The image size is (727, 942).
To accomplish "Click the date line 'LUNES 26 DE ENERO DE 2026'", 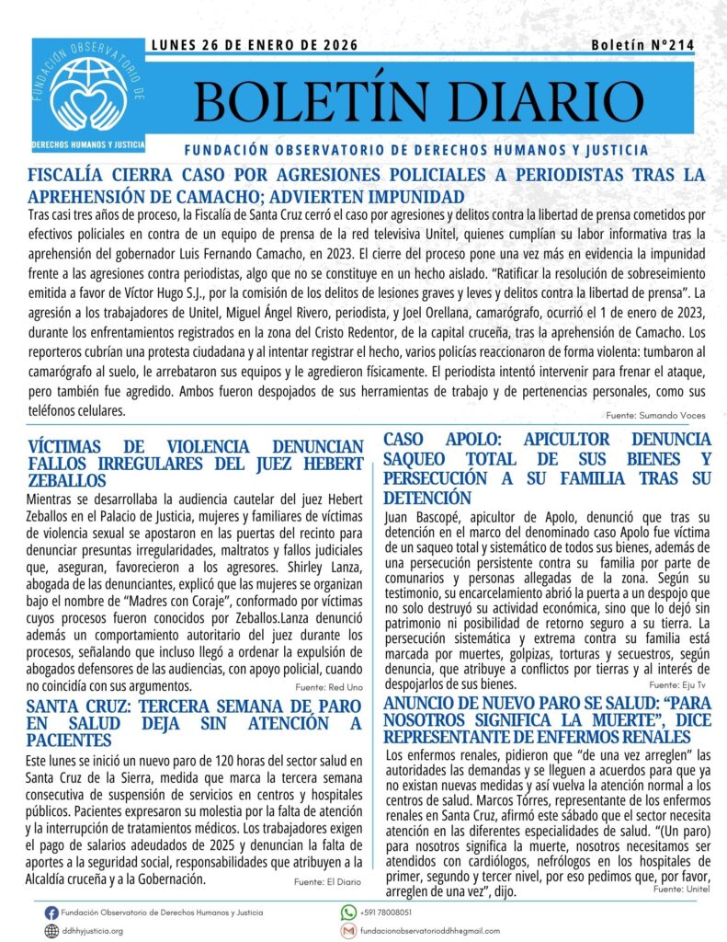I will coord(254,45).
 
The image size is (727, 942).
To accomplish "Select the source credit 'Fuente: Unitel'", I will coord(681,890).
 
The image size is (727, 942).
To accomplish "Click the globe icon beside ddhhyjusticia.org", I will coord(51,930).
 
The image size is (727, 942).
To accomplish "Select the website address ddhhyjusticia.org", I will coord(93,931).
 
